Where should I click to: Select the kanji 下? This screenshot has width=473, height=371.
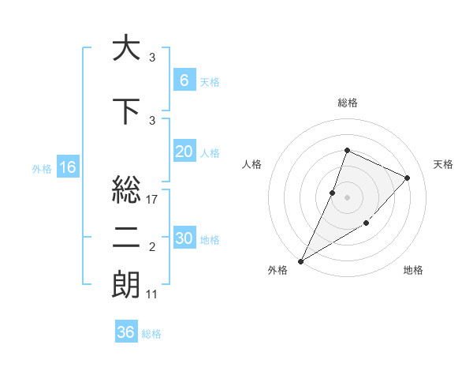(126, 111)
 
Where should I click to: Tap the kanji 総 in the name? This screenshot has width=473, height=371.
(126, 189)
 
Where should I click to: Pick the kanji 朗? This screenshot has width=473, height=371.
(126, 285)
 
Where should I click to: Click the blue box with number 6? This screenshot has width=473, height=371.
(184, 81)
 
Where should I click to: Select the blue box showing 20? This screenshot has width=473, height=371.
(184, 152)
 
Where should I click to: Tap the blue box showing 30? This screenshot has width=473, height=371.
(184, 239)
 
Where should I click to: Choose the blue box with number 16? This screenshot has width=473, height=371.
(67, 167)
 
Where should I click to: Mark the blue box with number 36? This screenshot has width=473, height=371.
(125, 332)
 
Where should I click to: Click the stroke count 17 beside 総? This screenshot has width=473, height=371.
(153, 200)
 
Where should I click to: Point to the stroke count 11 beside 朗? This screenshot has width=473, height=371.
(153, 294)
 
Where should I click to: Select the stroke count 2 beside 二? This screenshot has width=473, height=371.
(152, 247)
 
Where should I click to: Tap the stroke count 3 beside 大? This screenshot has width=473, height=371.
(152, 58)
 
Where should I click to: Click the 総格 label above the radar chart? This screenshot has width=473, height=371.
(347, 103)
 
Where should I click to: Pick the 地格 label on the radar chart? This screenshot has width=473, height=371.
(413, 271)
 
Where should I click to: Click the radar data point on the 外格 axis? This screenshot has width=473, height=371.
(301, 260)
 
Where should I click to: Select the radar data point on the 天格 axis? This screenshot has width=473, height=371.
(408, 178)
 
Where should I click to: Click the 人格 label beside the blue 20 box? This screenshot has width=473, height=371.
(210, 153)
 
